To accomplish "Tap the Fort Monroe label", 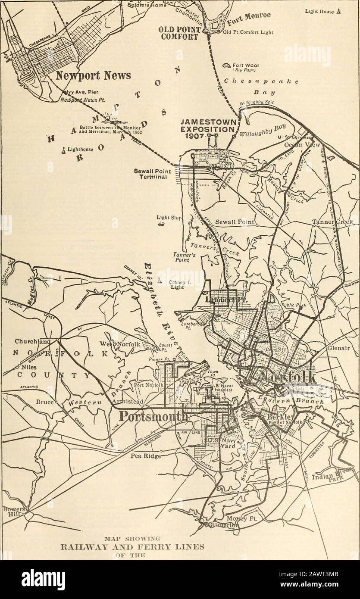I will [x=243, y=19].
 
